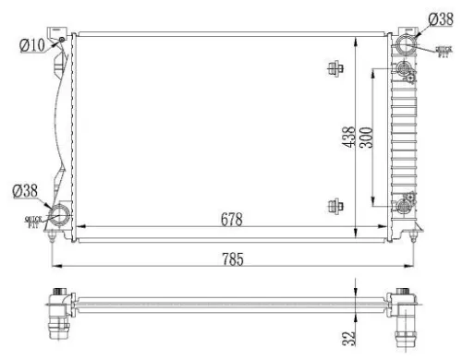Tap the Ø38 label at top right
pyautogui.click(x=441, y=18)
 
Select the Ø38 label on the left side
pyautogui.click(x=24, y=191)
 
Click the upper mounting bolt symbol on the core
pyautogui.click(x=335, y=67)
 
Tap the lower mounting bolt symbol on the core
pyautogui.click(x=335, y=206)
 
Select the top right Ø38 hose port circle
pyautogui.click(x=406, y=46)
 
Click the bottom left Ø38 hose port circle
pyautogui.click(x=60, y=217)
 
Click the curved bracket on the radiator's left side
pyautogui.click(x=60, y=129)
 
